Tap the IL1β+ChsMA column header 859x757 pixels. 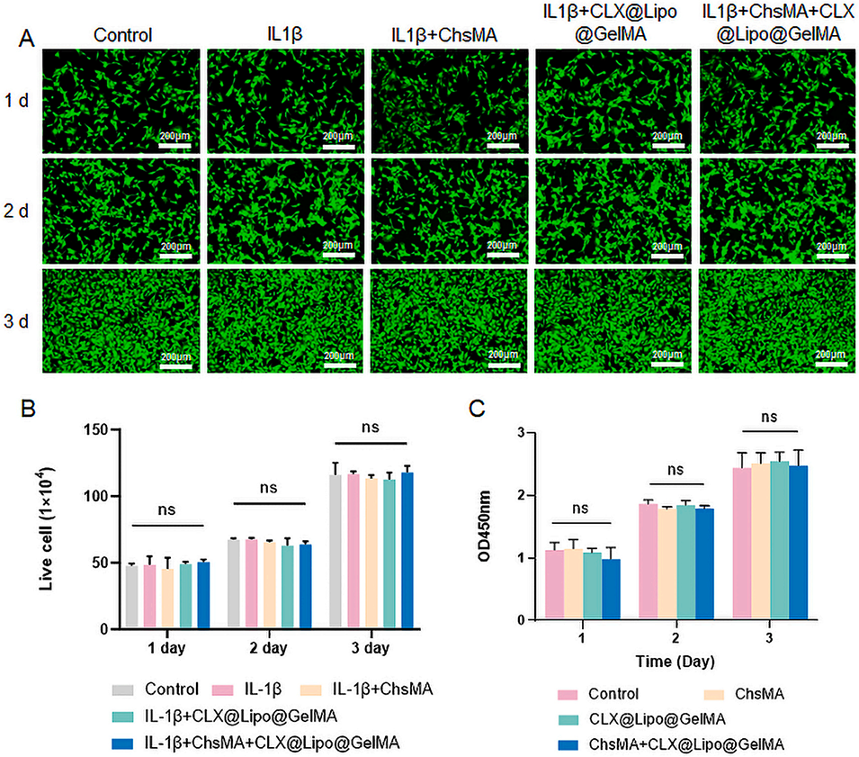coord(444,37)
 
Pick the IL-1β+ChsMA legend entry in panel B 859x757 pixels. coord(379,690)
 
